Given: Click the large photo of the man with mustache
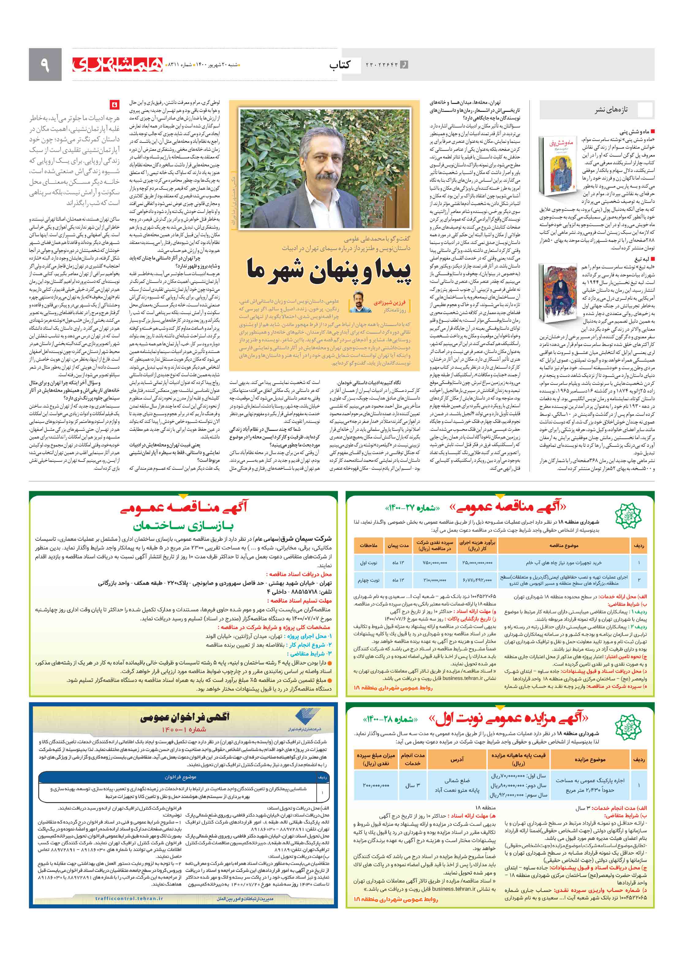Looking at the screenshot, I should (324, 168).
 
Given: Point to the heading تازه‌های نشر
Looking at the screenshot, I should (611, 110).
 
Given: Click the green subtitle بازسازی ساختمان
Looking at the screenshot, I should (183, 525).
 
